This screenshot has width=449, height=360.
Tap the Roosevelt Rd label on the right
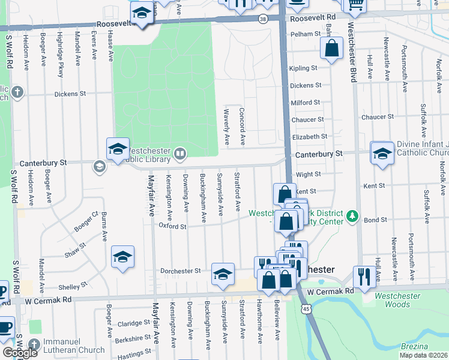313,19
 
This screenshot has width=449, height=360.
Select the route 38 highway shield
263,19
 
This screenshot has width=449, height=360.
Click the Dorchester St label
180,271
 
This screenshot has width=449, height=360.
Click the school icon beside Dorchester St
223,273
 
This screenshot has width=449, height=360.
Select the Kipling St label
303,68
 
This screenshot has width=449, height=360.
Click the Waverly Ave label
227,127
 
